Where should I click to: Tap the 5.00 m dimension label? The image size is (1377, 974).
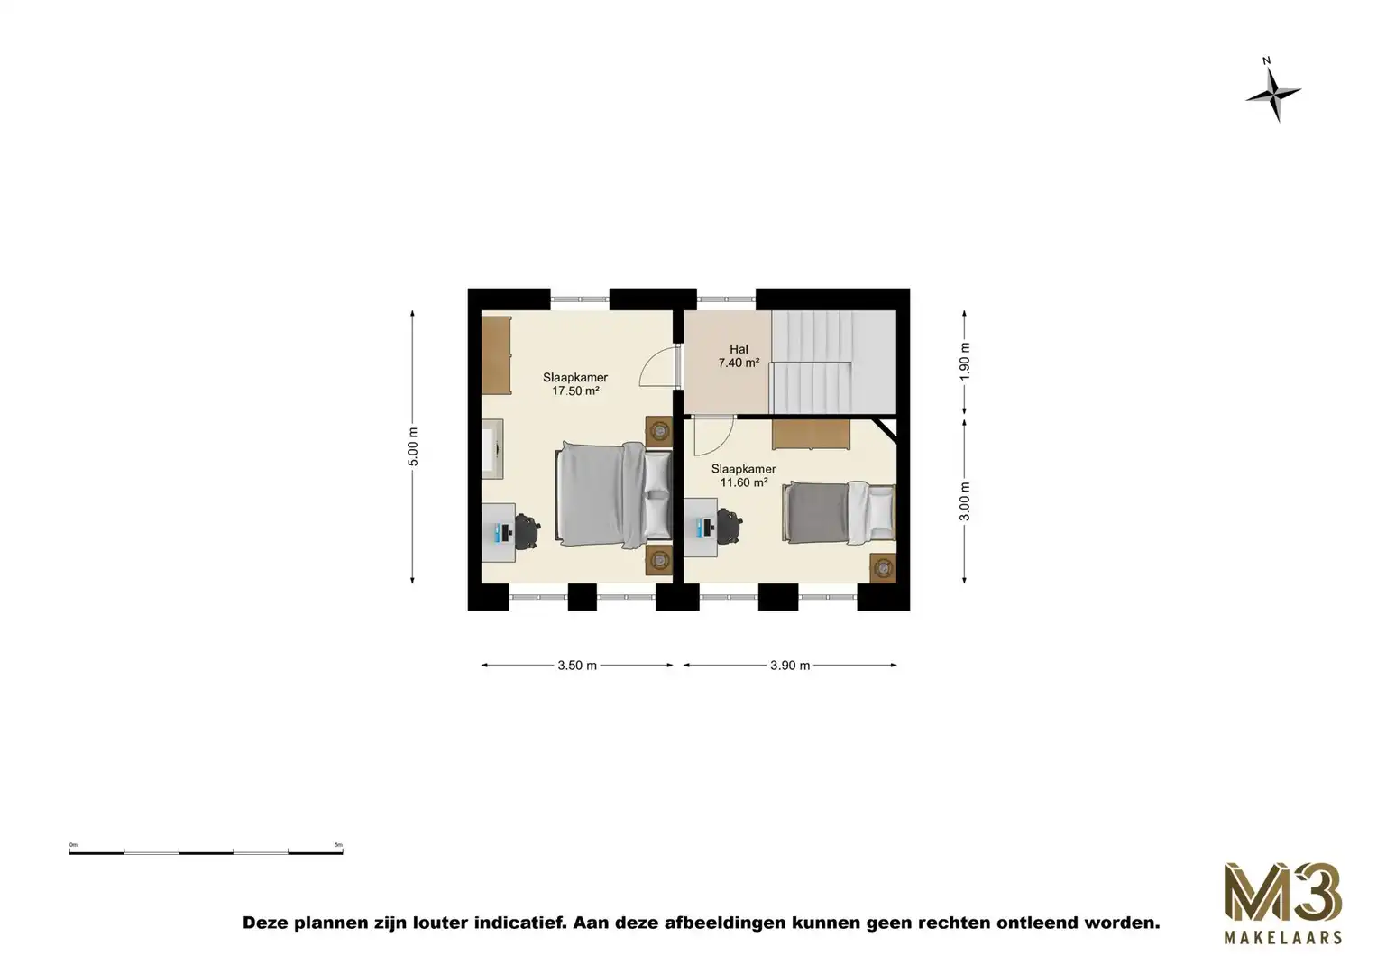tap(413, 446)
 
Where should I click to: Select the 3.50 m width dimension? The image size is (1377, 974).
tap(577, 666)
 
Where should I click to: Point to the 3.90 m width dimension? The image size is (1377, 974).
tap(790, 666)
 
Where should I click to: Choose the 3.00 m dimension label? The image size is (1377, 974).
tap(965, 501)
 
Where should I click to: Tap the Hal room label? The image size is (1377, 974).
tap(739, 350)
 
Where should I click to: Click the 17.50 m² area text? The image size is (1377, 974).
tap(575, 391)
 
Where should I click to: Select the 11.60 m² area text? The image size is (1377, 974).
tap(744, 482)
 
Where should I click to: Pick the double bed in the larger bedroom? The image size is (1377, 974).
tap(602, 495)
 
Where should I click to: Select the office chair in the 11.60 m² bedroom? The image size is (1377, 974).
tap(730, 527)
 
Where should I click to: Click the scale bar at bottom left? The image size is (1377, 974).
tap(206, 850)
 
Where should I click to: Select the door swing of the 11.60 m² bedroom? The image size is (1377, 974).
tap(712, 436)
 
